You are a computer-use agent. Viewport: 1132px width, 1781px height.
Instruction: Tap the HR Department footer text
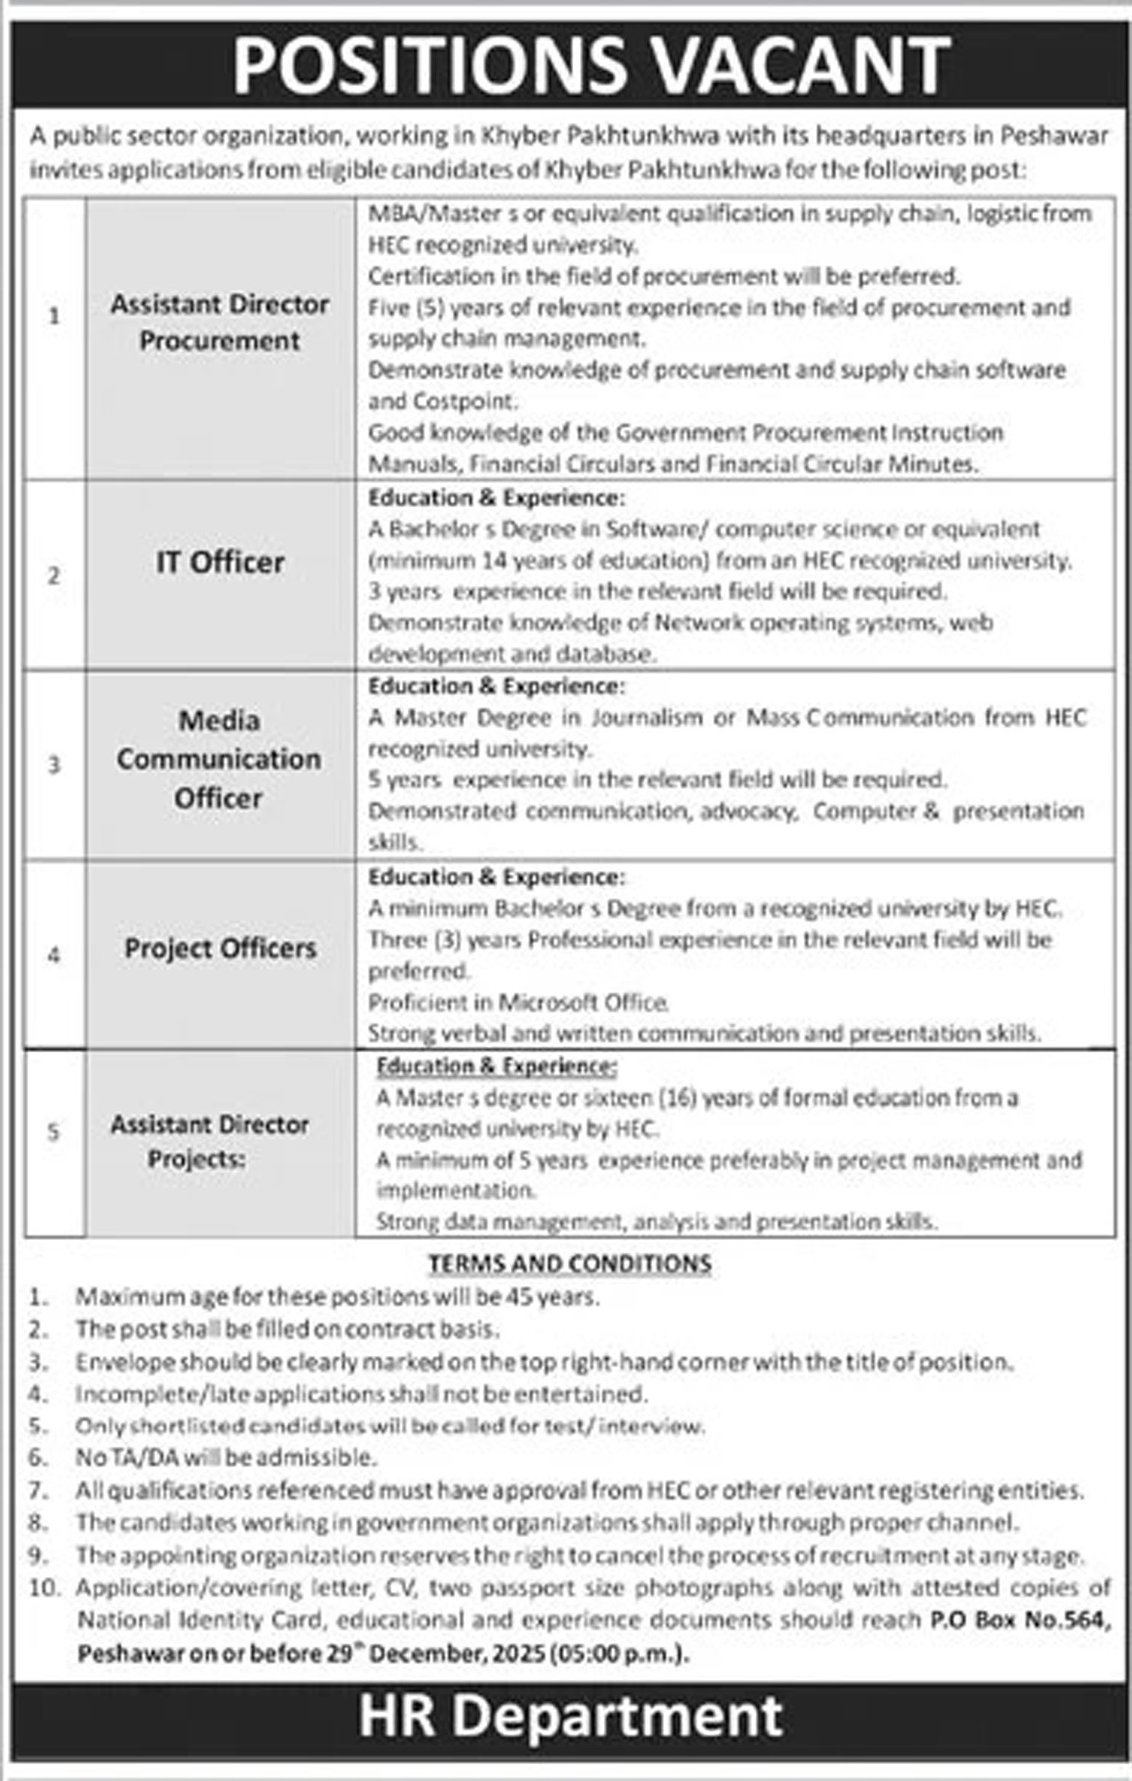[570, 1716]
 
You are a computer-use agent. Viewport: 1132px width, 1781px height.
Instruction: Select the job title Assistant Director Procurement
[219, 323]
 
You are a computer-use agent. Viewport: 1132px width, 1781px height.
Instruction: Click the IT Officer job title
[219, 563]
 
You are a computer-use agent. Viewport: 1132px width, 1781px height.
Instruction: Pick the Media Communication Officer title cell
[219, 759]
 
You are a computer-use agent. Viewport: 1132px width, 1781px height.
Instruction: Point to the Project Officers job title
[220, 948]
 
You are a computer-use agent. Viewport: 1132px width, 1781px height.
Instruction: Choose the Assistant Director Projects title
[209, 1141]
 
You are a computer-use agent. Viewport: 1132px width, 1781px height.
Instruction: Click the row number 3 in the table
[54, 764]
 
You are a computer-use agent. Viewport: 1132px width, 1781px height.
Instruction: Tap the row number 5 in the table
[53, 1132]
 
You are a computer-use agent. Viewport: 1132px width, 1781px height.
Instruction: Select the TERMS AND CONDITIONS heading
[570, 1264]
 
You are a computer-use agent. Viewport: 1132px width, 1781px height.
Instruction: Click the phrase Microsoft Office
[583, 1002]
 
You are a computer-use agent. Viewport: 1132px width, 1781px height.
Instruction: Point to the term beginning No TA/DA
[226, 1458]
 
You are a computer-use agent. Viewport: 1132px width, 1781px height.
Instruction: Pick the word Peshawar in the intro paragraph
[1054, 136]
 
